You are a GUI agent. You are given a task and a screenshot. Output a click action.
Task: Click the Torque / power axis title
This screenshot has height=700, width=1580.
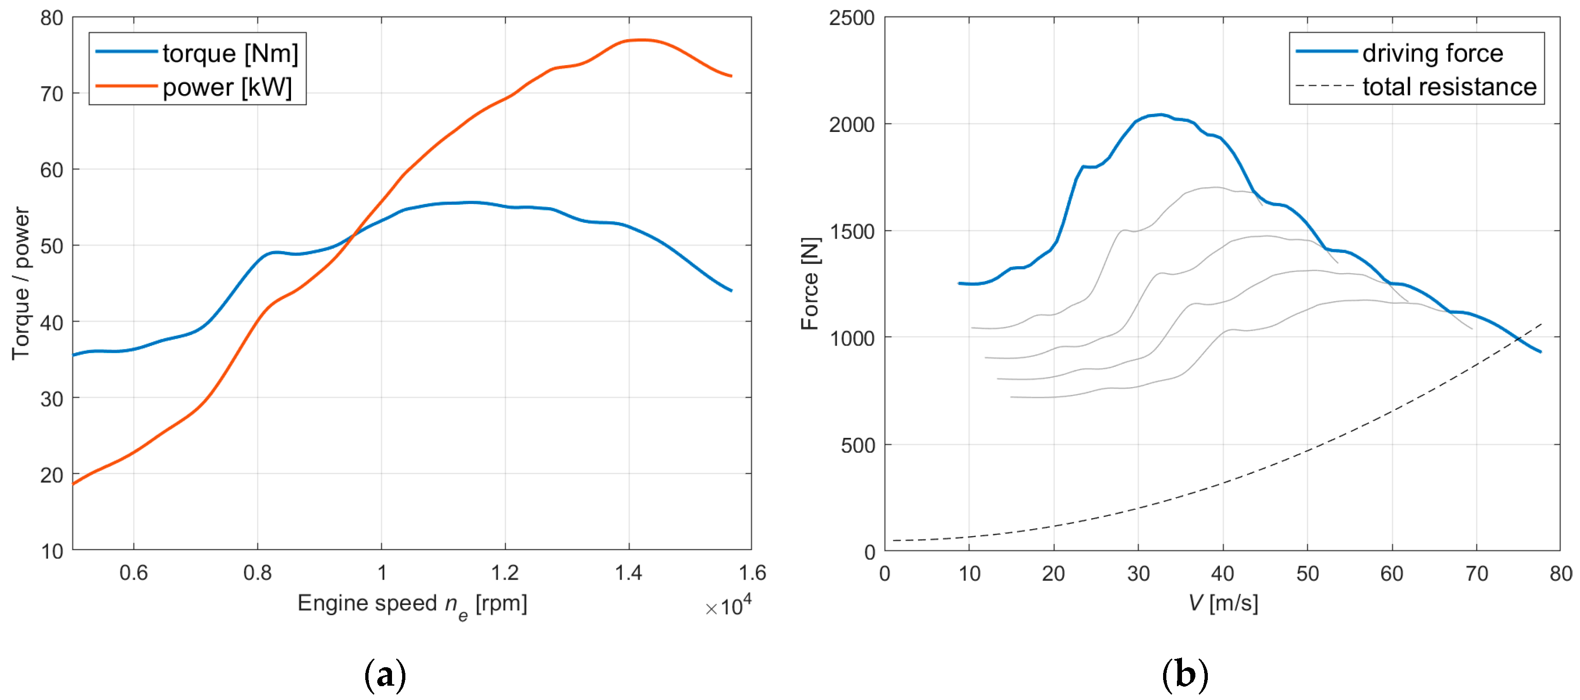[x=20, y=283]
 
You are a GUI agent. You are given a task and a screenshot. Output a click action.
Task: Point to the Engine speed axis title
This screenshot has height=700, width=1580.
[x=412, y=604]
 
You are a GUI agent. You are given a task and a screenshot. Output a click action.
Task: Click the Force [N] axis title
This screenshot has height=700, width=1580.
[x=810, y=283]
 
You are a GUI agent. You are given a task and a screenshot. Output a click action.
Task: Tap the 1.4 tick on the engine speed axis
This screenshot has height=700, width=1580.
[x=629, y=573]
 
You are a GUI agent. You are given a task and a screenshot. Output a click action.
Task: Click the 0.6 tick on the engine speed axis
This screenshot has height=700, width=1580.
[x=134, y=573]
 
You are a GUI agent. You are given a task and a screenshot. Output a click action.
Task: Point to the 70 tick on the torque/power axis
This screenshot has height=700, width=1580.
[x=52, y=94]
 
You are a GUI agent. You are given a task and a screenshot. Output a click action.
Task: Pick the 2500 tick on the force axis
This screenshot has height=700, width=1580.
[x=851, y=18]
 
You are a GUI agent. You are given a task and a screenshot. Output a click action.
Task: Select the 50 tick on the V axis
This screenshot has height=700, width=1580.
[x=1307, y=574]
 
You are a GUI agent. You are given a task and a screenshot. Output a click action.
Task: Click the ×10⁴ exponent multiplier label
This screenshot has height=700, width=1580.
[x=728, y=606]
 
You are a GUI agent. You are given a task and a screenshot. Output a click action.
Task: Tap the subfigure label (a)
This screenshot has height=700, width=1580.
[x=385, y=676]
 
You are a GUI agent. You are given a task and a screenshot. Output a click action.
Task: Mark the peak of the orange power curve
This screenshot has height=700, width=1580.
[x=641, y=40]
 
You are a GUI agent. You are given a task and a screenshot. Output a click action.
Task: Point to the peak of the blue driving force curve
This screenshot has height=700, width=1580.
[x=1160, y=115]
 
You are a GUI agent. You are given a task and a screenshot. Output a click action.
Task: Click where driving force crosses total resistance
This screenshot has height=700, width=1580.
[x=1517, y=339]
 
